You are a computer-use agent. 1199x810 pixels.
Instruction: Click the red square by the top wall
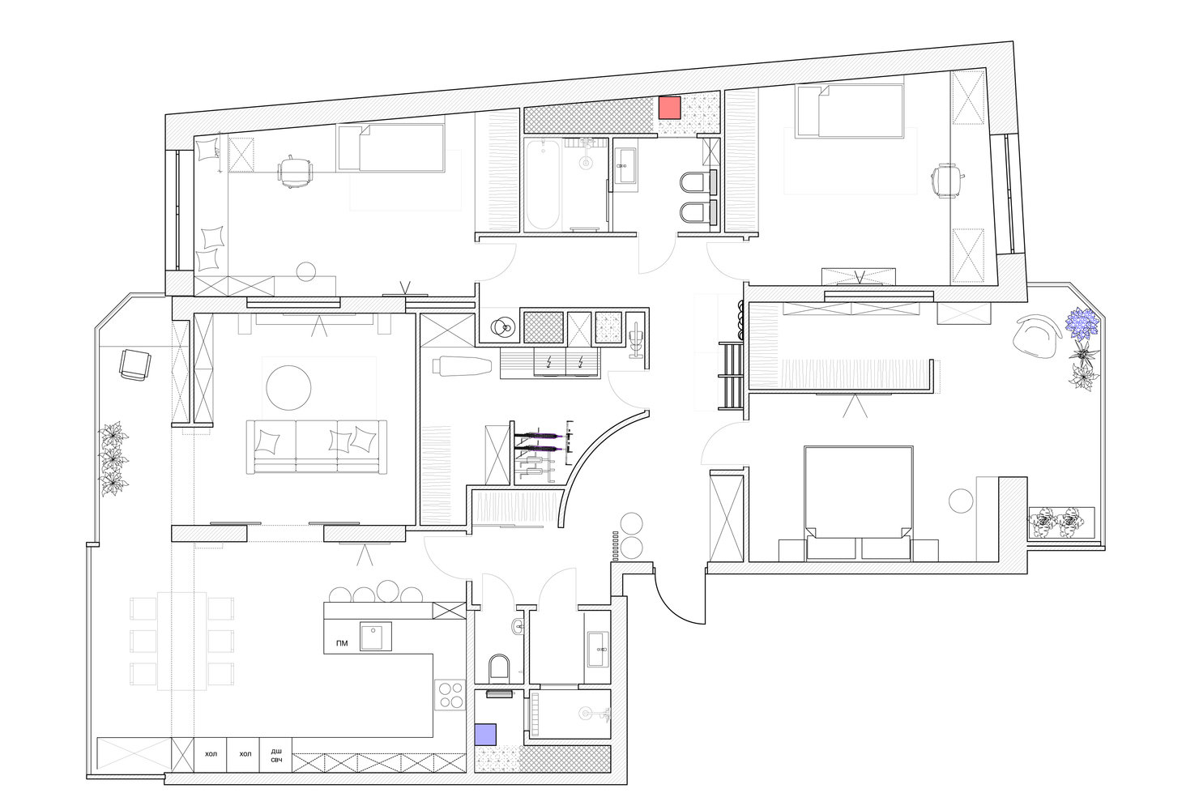(669, 108)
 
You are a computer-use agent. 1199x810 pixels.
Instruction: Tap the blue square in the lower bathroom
(485, 734)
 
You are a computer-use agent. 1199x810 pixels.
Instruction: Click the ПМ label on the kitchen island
(342, 643)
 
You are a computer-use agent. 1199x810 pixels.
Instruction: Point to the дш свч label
(276, 756)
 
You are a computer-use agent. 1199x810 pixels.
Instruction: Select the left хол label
(211, 754)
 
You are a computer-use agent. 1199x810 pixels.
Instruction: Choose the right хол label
(245, 754)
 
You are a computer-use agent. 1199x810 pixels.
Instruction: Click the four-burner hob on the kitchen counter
(450, 695)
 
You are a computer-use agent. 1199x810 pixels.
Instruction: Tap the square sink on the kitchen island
(375, 636)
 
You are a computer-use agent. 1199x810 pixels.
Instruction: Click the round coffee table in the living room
(288, 388)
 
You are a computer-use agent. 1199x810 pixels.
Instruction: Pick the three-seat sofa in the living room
(316, 447)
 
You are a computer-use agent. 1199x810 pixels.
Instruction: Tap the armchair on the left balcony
(134, 364)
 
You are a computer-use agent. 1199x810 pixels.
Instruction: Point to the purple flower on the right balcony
(1082, 322)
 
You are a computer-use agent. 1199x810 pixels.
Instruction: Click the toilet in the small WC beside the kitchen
(500, 669)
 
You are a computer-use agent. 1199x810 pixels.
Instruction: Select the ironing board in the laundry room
(463, 366)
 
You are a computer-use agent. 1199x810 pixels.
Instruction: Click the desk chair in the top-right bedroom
(945, 181)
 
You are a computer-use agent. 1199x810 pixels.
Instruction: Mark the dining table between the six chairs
(181, 641)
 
